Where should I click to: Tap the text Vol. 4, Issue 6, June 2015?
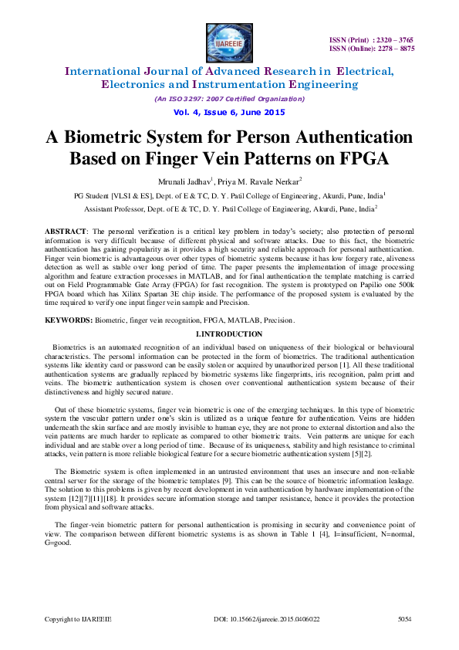(x=229, y=112)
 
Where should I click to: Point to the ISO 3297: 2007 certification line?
(x=229, y=99)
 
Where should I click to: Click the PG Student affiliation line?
(x=229, y=196)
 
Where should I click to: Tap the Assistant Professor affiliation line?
(x=229, y=208)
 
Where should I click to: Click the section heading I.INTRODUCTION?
(x=229, y=333)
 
